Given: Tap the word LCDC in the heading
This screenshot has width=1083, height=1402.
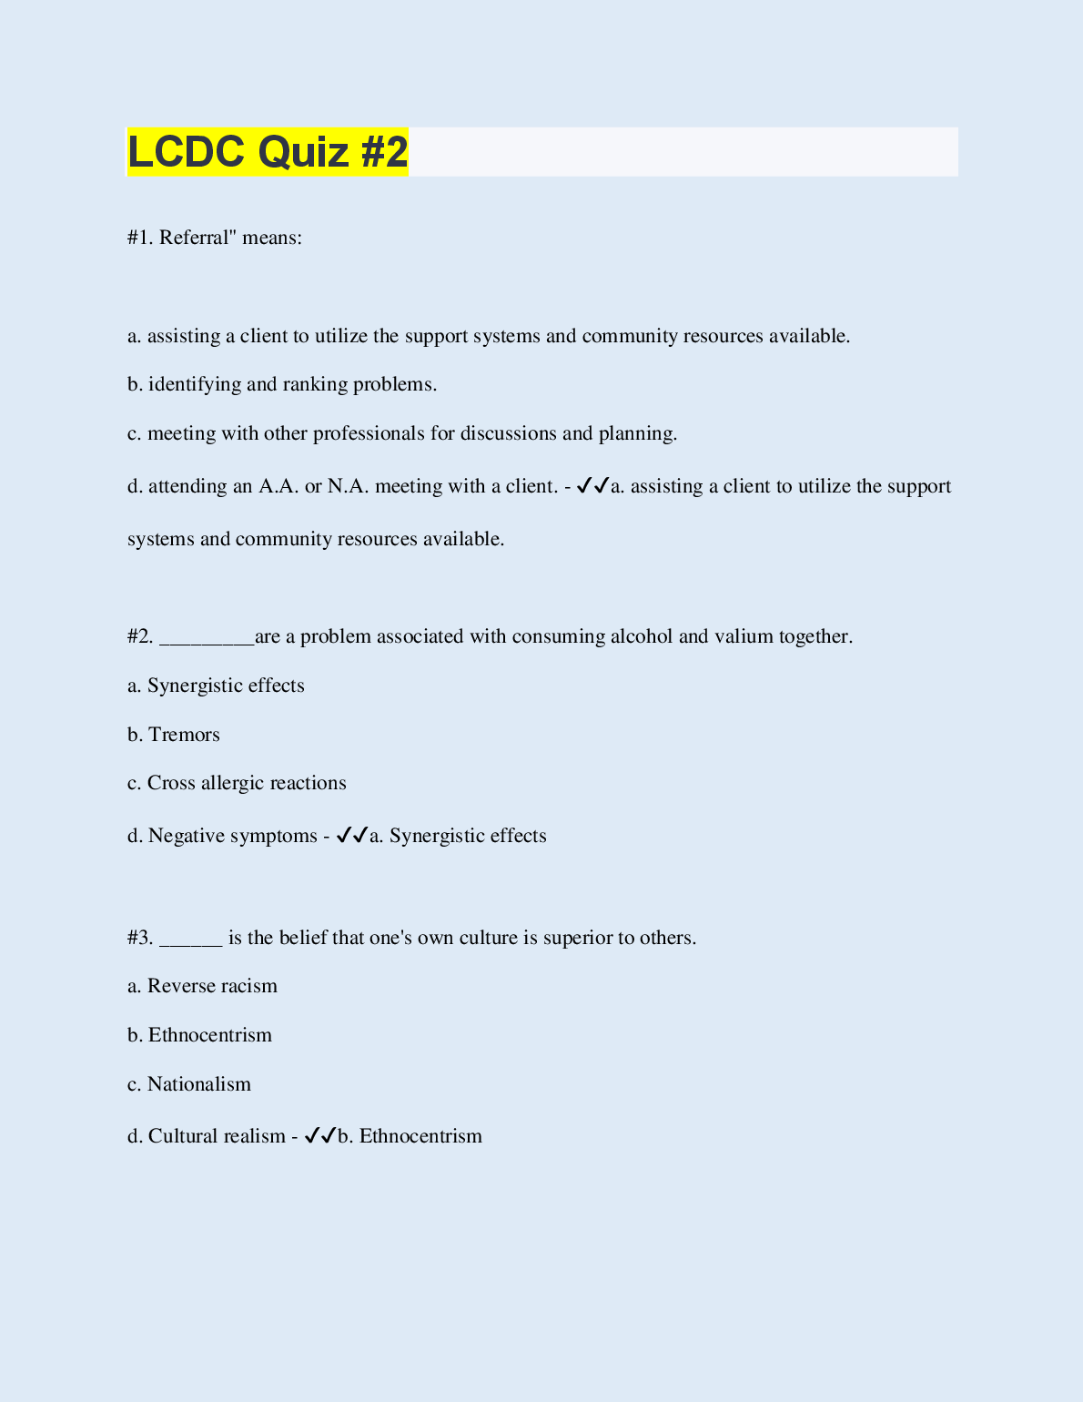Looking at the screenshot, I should click(x=187, y=151).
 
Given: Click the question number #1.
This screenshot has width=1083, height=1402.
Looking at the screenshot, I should click(x=140, y=238).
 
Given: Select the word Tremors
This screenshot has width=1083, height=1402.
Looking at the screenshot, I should click(x=184, y=735).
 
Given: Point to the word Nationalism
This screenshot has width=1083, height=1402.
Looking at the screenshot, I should click(x=199, y=1084).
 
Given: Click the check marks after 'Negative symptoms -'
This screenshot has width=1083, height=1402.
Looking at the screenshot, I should click(x=351, y=835).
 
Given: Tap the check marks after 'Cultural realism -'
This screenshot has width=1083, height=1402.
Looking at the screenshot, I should click(x=320, y=1135).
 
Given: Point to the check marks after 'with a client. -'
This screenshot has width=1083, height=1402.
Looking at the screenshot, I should click(x=592, y=485).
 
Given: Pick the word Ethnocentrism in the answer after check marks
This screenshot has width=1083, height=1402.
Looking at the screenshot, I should click(x=420, y=1136).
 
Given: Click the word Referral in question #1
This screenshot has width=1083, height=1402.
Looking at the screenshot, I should click(x=193, y=238).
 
